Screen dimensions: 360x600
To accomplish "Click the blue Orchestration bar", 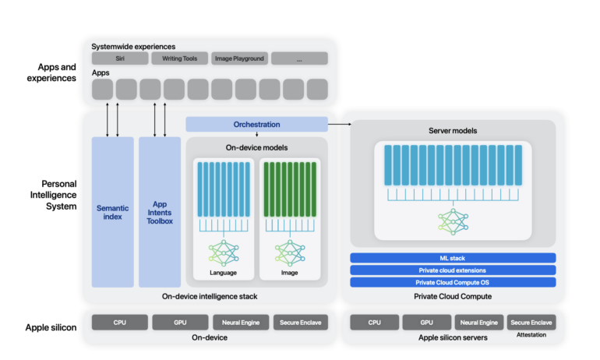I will pyautogui.click(x=256, y=124).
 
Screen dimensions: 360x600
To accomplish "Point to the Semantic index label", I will pyautogui.click(x=113, y=212).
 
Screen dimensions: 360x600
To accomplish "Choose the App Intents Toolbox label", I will pyautogui.click(x=160, y=212).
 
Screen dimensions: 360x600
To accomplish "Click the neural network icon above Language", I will pyautogui.click(x=223, y=252).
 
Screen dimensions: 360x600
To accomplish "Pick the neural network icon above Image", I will pyautogui.click(x=288, y=252).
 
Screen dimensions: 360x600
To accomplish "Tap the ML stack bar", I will pyautogui.click(x=453, y=258).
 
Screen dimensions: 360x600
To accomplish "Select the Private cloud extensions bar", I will pyautogui.click(x=453, y=270).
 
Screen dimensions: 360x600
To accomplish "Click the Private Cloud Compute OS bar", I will pyautogui.click(x=453, y=282).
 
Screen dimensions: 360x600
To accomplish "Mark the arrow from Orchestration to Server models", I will pyautogui.click(x=340, y=124).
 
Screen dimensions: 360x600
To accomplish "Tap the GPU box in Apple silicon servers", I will pyautogui.click(x=427, y=322).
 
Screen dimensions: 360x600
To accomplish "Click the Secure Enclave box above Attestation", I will pyautogui.click(x=531, y=322).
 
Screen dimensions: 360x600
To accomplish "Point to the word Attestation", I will pyautogui.click(x=531, y=336).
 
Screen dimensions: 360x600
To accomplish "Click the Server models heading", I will pyautogui.click(x=453, y=130).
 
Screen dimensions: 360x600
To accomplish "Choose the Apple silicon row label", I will pyautogui.click(x=51, y=327).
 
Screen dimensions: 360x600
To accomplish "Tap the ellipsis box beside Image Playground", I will pyautogui.click(x=299, y=58).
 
